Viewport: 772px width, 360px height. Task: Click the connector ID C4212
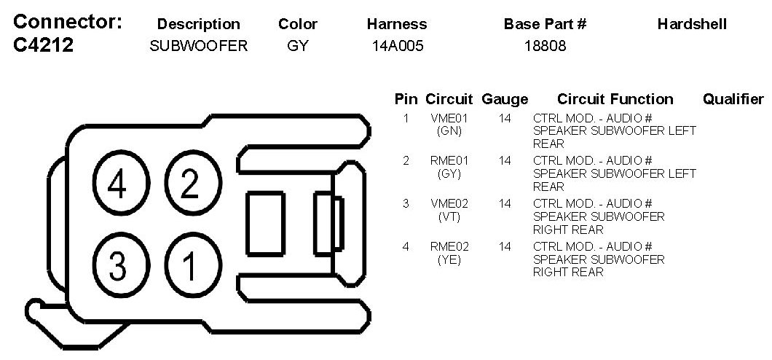[x=44, y=46]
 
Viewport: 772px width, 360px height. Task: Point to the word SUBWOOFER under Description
[x=198, y=46]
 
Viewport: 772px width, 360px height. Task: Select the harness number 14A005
[x=397, y=46]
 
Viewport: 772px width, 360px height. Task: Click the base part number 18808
[x=545, y=46]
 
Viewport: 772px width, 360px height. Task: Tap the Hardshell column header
[x=692, y=24]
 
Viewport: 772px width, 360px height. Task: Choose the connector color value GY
[x=298, y=46]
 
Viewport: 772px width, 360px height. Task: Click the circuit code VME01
[x=449, y=117]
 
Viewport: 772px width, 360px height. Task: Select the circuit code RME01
[x=449, y=160]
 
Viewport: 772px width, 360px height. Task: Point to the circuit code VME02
[x=449, y=203]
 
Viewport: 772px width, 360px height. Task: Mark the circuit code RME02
[x=449, y=246]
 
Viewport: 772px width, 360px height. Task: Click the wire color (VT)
[x=449, y=216]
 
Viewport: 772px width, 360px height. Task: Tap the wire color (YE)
[x=449, y=259]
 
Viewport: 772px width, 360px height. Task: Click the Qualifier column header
[x=733, y=99]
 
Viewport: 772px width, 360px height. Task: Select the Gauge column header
[x=505, y=99]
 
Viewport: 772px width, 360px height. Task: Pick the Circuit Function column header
[x=615, y=99]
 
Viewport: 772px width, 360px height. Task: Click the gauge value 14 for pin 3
[x=505, y=203]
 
